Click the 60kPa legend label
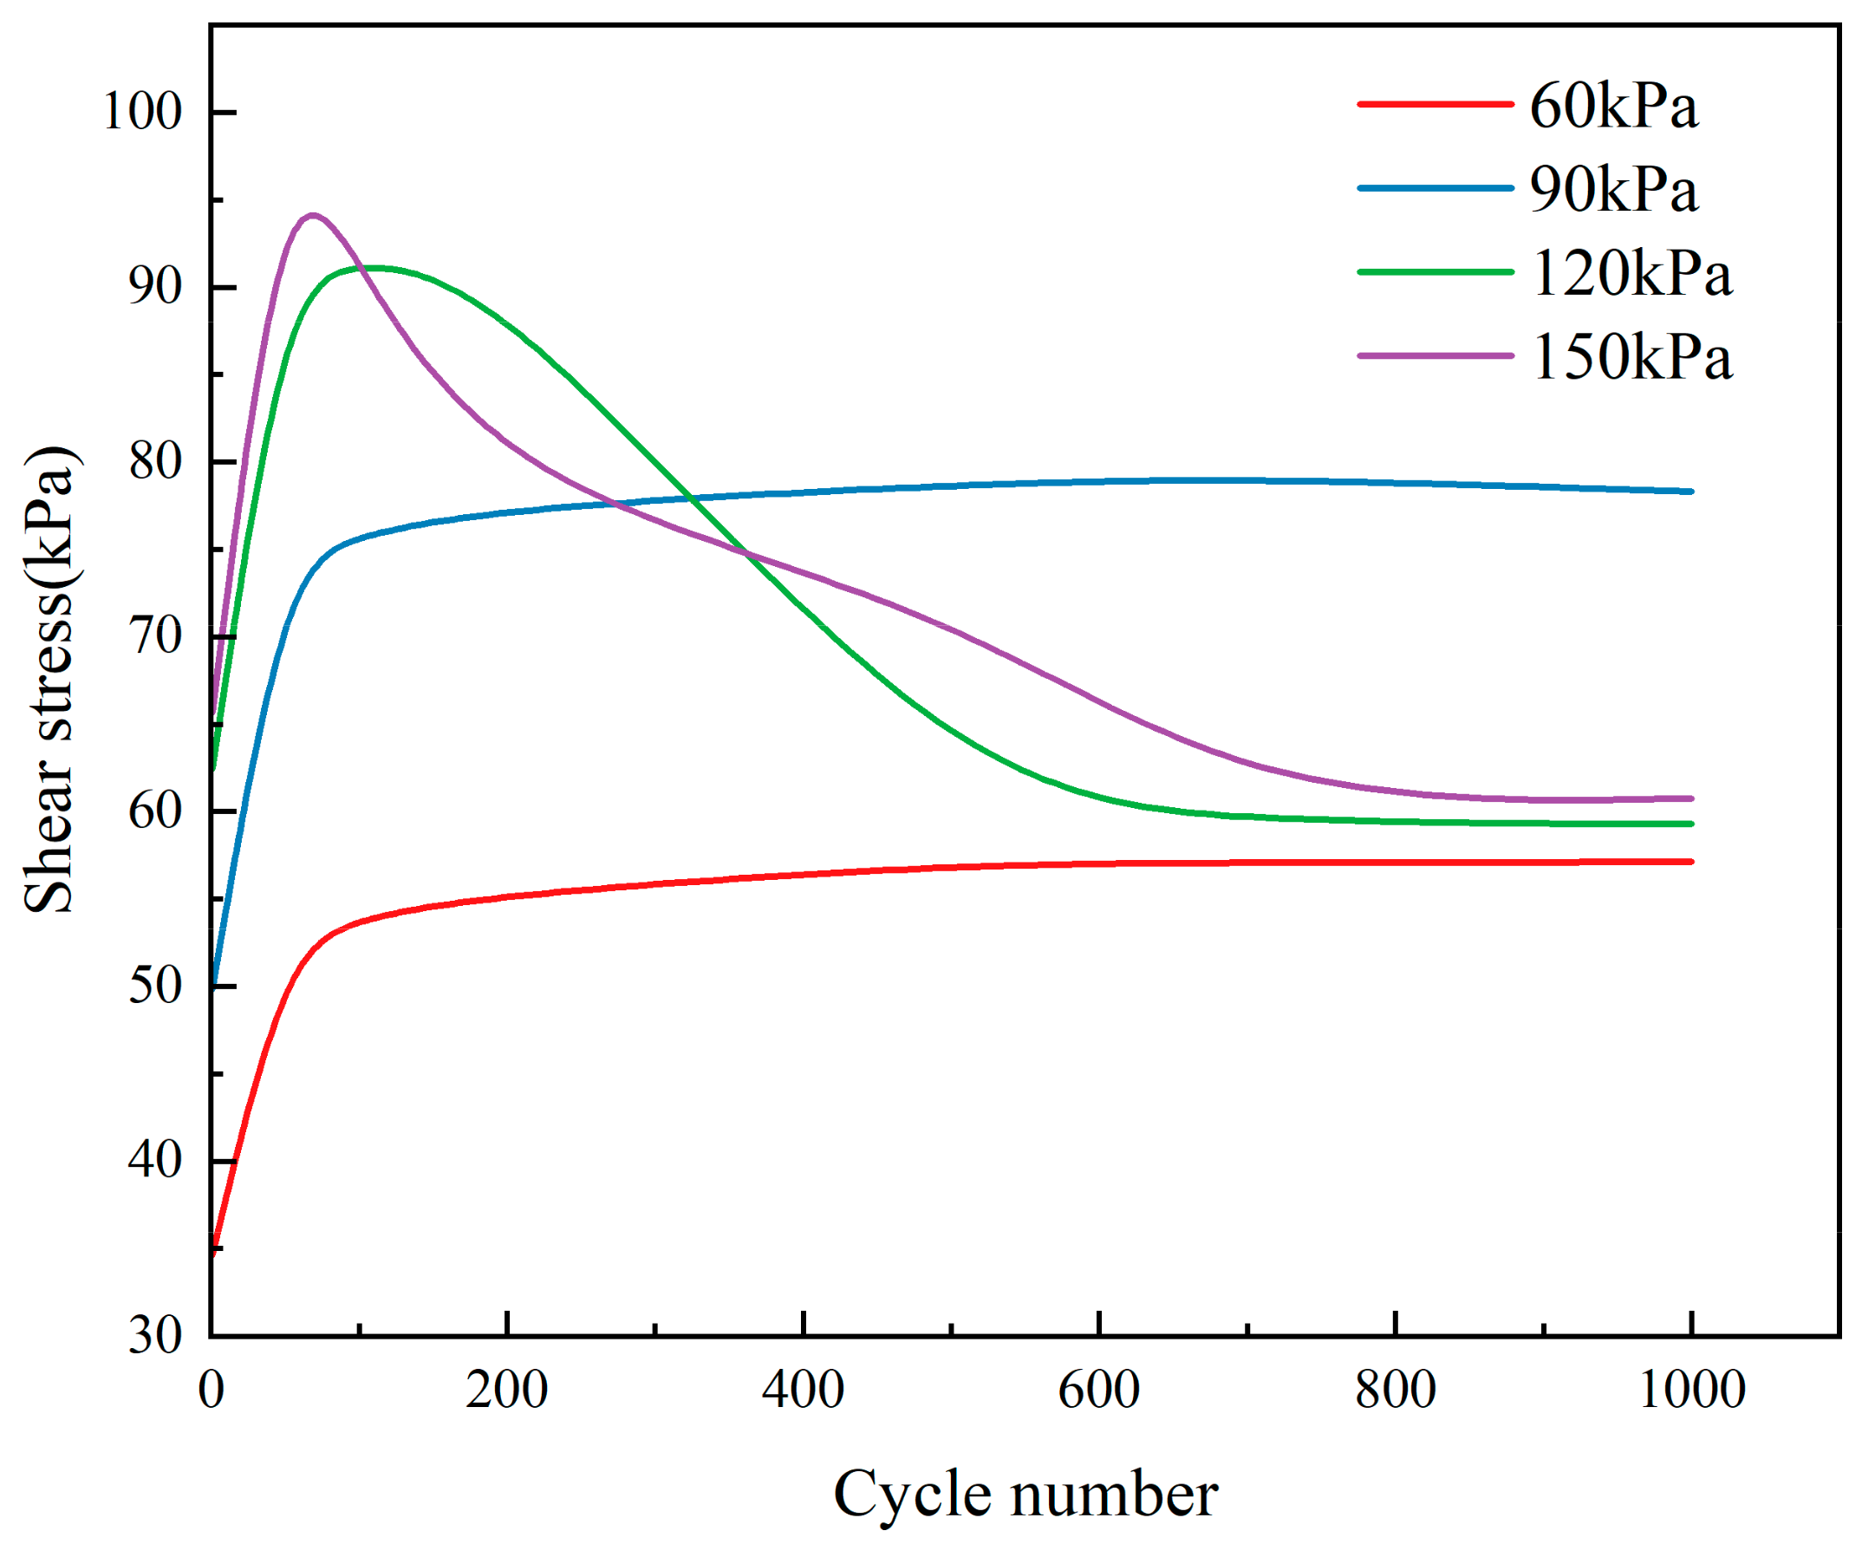click(x=1613, y=107)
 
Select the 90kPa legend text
click(x=1613, y=191)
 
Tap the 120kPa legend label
click(x=1631, y=274)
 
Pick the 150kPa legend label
click(x=1631, y=358)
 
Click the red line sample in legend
click(x=1434, y=104)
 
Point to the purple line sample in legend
click(x=1434, y=355)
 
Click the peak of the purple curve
click(x=312, y=216)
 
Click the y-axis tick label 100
click(x=143, y=113)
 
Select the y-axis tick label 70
click(x=155, y=636)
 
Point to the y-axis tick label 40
click(x=155, y=1161)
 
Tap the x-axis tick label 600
click(x=1098, y=1391)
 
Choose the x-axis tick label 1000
click(x=1691, y=1391)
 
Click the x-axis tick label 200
click(x=506, y=1391)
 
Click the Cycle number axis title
click(x=1025, y=1495)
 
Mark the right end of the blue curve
click(x=1691, y=492)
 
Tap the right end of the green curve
click(x=1691, y=824)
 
